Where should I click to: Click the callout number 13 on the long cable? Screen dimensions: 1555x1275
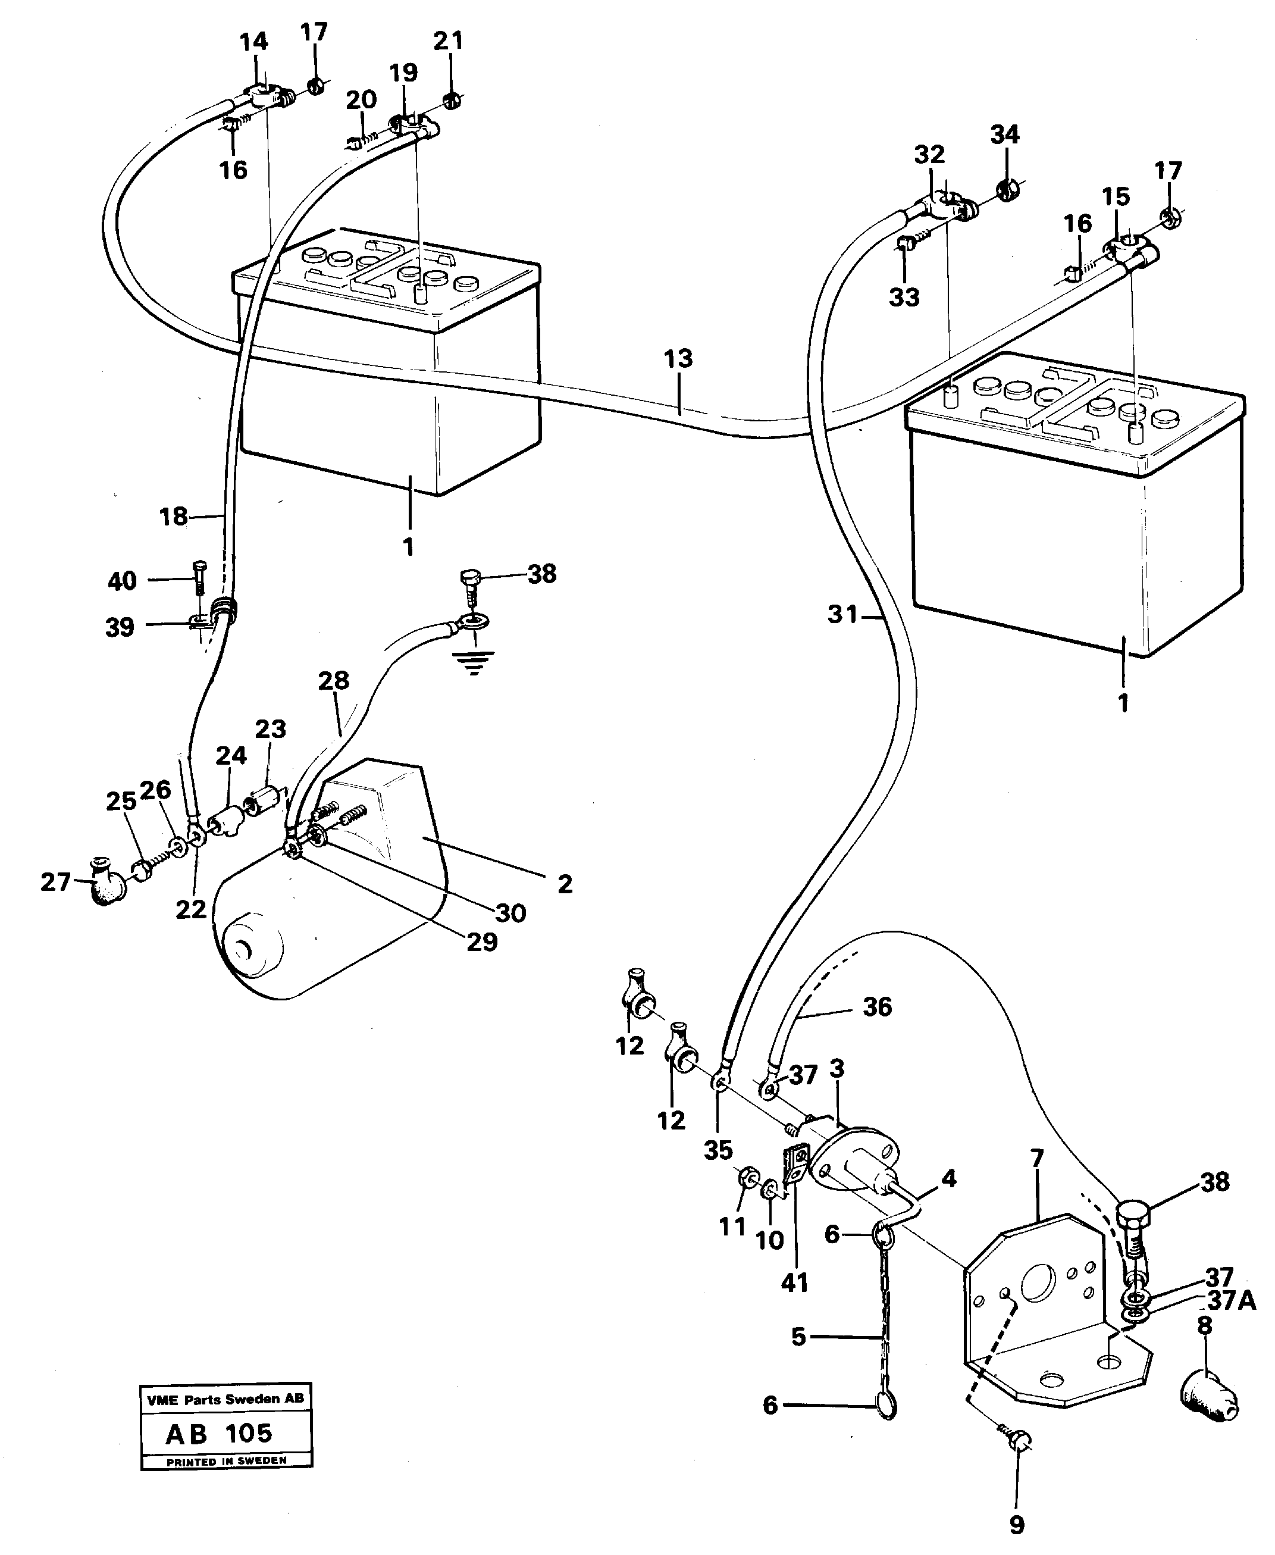(x=677, y=359)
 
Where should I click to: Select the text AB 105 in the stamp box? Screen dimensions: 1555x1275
(x=219, y=1433)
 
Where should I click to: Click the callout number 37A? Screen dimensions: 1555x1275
(x=1231, y=1301)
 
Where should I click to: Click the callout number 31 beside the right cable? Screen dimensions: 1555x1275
(x=842, y=614)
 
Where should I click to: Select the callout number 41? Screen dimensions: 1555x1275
(x=794, y=1282)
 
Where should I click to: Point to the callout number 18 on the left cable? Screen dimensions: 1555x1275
(x=173, y=517)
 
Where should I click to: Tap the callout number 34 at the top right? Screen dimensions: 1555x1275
(x=1005, y=134)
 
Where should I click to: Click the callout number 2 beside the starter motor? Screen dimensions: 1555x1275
(x=564, y=884)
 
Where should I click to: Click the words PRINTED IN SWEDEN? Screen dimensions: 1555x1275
(x=225, y=1461)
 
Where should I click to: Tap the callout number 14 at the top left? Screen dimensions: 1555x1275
(x=254, y=42)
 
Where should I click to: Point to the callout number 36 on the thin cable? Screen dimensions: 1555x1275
(x=877, y=1006)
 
